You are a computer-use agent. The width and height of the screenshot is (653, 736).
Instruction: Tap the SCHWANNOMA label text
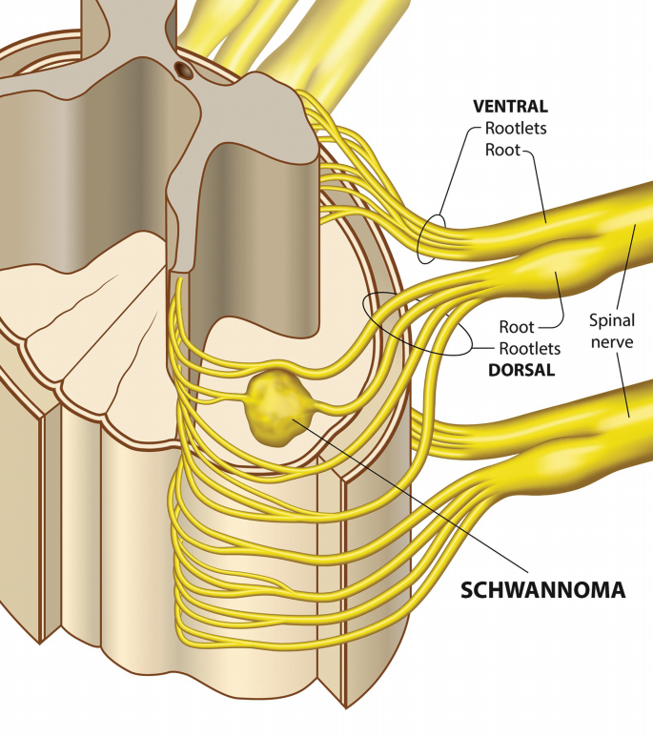(542, 590)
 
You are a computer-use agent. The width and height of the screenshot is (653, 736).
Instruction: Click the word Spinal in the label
(612, 320)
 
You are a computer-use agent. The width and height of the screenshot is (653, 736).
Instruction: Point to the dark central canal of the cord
(183, 69)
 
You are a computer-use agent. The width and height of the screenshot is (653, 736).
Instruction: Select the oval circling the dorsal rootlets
(416, 324)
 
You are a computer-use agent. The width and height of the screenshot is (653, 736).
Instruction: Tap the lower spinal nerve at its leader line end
(629, 412)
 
